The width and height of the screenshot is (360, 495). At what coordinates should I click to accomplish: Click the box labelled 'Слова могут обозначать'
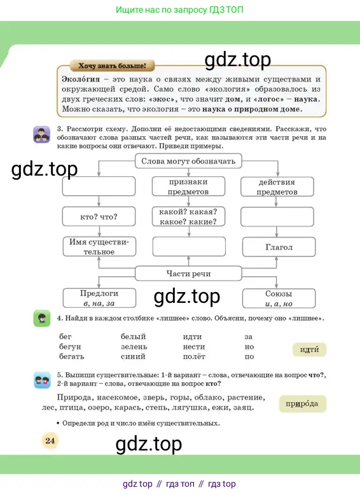coord(188,161)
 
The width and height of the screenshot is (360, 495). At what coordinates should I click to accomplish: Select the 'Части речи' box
coord(188,274)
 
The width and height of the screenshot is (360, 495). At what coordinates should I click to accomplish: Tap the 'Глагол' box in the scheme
coord(279,247)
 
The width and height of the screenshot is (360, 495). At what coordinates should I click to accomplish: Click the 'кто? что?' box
coord(99,216)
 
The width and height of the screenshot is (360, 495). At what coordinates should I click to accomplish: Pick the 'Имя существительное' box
coord(99,247)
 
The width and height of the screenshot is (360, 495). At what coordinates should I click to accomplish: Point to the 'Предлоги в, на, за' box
coord(99,298)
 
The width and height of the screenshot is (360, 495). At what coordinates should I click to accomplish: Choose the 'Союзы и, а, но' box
coord(279,298)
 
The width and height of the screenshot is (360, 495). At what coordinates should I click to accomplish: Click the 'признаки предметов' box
coord(188,186)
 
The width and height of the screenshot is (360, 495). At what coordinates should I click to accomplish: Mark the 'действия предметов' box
coord(277,187)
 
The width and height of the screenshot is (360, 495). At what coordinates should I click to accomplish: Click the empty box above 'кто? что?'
coord(99,186)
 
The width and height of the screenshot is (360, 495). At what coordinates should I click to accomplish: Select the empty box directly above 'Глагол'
coord(277,217)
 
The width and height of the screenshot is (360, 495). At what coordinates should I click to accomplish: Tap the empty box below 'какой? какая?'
coord(189,247)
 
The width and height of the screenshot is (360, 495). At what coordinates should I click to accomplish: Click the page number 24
coord(50,440)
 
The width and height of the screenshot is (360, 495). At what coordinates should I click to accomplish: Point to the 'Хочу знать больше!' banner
coord(113,66)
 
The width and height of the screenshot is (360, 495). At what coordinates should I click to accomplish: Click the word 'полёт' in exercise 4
coord(194,356)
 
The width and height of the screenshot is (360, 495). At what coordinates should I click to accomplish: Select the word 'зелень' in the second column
coord(134,347)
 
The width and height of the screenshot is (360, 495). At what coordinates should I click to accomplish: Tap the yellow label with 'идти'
coord(309,350)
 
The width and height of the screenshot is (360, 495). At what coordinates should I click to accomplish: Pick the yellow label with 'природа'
coord(302,404)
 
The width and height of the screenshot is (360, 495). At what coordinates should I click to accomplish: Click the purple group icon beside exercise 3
coord(41,134)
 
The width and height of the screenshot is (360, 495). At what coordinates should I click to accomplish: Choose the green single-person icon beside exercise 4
coord(41,318)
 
